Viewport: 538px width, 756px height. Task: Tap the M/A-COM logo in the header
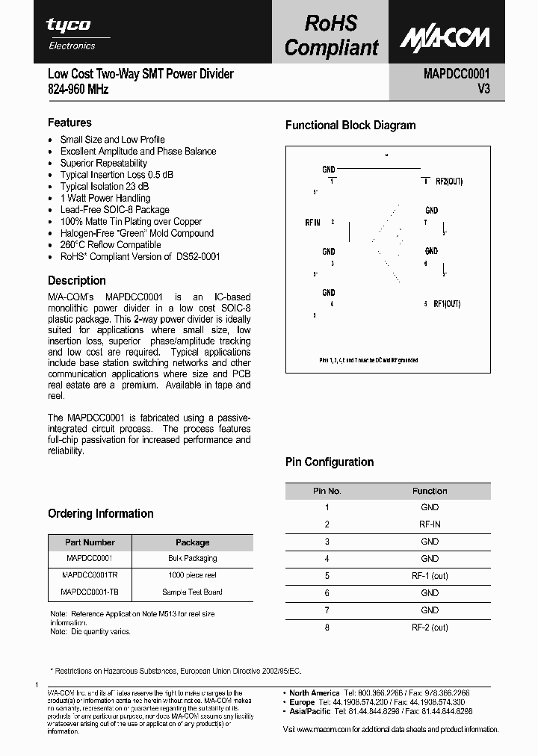(x=444, y=38)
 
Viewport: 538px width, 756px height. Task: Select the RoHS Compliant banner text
(x=331, y=36)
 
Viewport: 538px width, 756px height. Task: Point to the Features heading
(x=69, y=123)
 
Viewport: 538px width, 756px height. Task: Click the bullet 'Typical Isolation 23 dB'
(x=104, y=186)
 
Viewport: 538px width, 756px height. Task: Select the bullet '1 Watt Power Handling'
(x=105, y=198)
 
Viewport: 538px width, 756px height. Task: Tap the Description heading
(x=76, y=281)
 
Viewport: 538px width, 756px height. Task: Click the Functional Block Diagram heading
(x=350, y=126)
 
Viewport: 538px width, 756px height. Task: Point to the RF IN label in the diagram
(x=312, y=223)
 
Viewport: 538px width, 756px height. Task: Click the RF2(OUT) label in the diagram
(x=449, y=182)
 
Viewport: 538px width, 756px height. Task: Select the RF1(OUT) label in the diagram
(x=447, y=304)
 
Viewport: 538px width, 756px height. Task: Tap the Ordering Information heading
(x=100, y=513)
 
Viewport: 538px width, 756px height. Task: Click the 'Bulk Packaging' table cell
(x=192, y=558)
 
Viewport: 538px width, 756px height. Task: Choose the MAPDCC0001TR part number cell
(x=90, y=575)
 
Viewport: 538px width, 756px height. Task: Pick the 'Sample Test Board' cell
(x=192, y=592)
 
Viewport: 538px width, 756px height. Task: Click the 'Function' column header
(x=430, y=491)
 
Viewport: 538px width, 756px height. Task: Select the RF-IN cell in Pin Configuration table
(x=430, y=524)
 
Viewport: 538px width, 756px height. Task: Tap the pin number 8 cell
(x=327, y=628)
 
